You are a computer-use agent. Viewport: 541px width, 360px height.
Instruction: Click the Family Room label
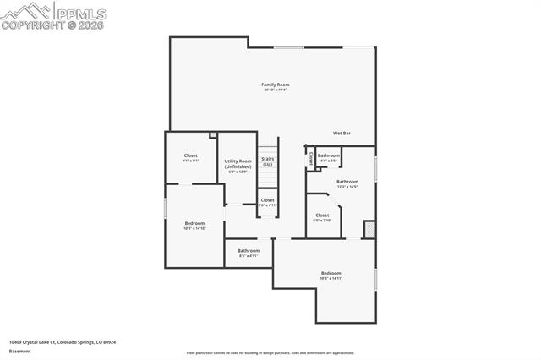(276, 85)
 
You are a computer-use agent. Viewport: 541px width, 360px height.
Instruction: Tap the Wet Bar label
(342, 134)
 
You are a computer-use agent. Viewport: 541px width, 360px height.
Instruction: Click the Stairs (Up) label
(267, 161)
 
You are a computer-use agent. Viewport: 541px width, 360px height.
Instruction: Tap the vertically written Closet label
(311, 157)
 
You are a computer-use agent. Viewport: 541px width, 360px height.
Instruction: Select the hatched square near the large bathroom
(369, 229)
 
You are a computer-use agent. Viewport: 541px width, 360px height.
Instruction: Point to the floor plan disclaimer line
(270, 353)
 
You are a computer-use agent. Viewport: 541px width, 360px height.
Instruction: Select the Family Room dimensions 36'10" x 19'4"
(276, 90)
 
